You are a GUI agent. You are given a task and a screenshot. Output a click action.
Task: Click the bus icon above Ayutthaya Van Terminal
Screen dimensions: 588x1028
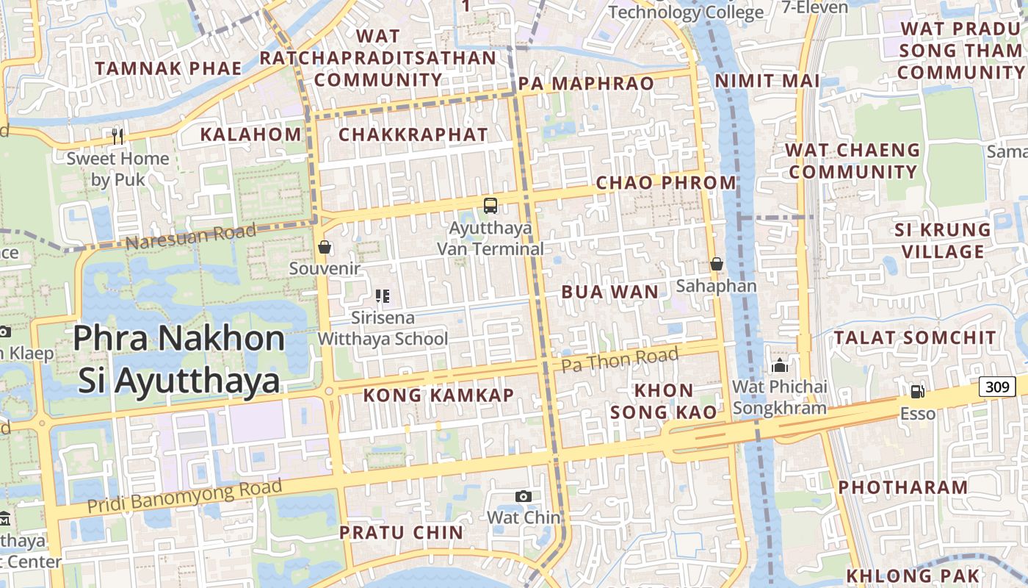pos(490,206)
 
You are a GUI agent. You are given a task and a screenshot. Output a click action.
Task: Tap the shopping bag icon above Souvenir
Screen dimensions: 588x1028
pos(325,247)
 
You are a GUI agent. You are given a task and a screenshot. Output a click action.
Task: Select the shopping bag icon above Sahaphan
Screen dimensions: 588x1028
pos(717,264)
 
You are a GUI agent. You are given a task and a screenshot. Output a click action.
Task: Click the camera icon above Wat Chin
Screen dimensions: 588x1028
pos(523,496)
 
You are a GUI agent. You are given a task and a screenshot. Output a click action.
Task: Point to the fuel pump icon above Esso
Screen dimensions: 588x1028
pos(917,392)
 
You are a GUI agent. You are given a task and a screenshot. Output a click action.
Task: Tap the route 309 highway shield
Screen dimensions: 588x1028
pos(996,386)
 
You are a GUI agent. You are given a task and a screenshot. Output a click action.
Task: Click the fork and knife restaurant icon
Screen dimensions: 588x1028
pos(117,136)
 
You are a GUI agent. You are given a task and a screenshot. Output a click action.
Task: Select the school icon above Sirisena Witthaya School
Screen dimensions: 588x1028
pos(382,296)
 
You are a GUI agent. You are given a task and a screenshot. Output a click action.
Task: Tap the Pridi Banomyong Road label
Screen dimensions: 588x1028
pos(184,496)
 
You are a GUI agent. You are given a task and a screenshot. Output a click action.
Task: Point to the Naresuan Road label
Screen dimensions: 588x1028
pos(190,237)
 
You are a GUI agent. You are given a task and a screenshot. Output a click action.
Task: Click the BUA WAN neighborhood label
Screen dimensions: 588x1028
pos(610,293)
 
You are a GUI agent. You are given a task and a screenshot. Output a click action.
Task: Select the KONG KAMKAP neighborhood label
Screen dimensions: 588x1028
pos(438,395)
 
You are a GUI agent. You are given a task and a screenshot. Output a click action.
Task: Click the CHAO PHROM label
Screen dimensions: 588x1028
pos(665,183)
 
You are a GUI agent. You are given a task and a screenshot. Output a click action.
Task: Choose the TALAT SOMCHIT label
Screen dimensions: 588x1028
pos(915,338)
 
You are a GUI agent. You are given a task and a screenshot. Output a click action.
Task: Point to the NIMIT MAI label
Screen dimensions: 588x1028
pos(767,81)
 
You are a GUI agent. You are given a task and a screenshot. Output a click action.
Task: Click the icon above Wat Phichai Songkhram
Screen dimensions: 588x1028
pos(780,365)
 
